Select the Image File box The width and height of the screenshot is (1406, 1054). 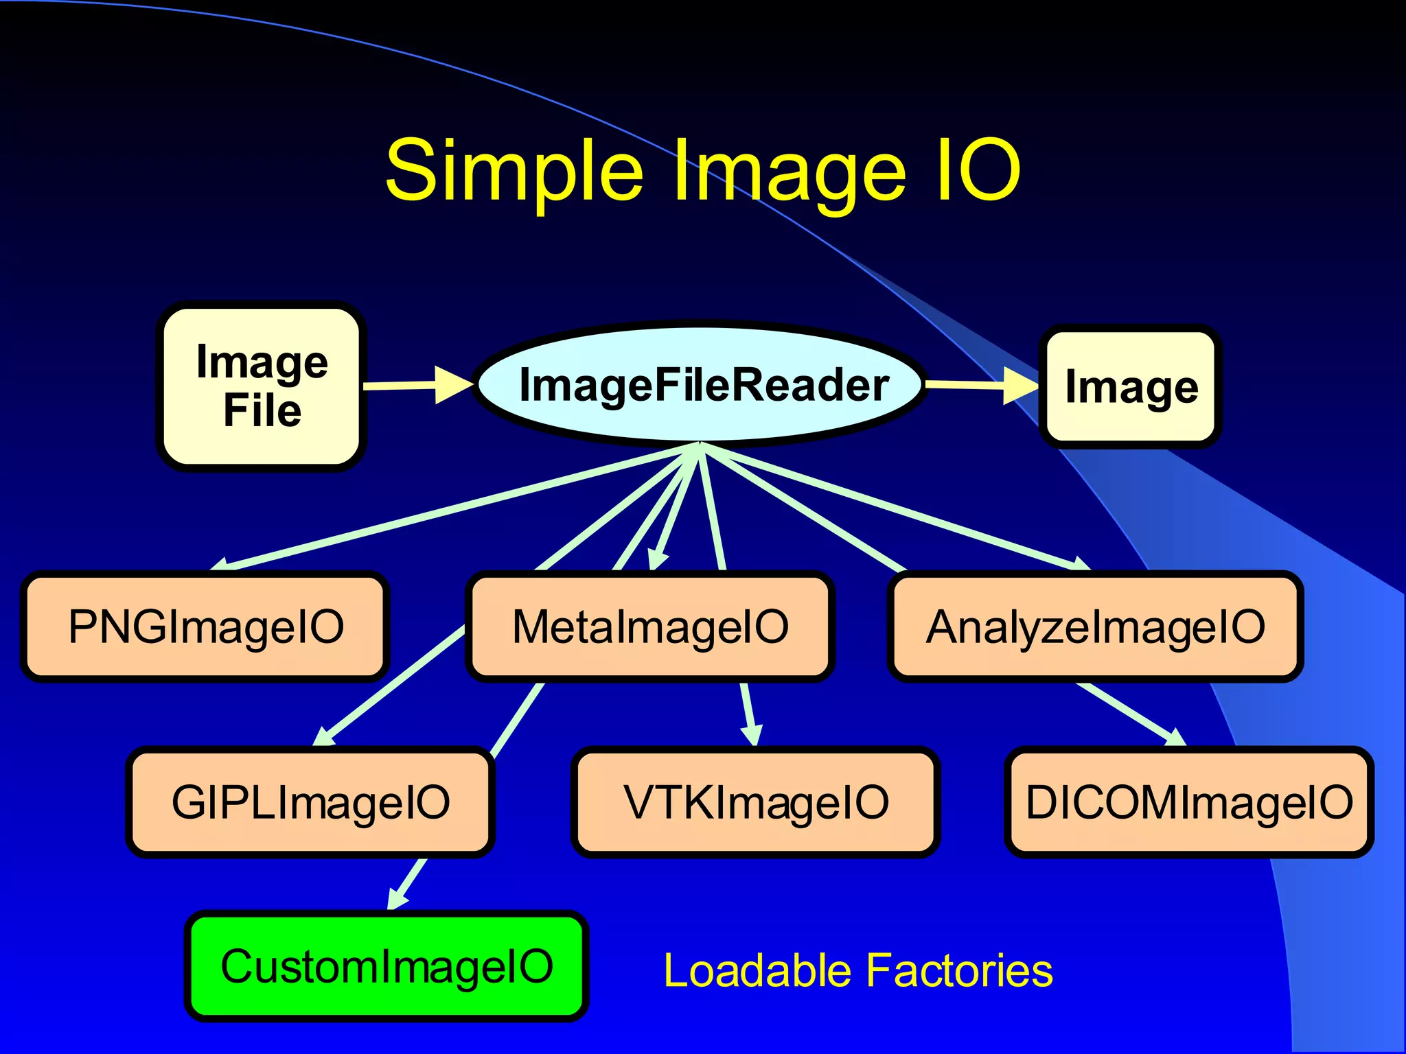262,386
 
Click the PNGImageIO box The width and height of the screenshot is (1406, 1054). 205,626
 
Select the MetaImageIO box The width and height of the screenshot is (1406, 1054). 650,626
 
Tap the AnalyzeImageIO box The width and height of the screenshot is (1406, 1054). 1095,626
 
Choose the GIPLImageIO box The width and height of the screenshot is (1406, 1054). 310,802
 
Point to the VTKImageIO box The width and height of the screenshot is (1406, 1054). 755,802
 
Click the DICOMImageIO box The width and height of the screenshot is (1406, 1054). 1189,802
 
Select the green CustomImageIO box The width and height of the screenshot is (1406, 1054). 387,966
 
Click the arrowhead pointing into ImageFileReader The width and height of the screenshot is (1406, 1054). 453,384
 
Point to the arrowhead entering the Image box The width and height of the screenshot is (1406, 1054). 1021,386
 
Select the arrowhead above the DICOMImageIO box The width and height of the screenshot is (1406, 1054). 1175,738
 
